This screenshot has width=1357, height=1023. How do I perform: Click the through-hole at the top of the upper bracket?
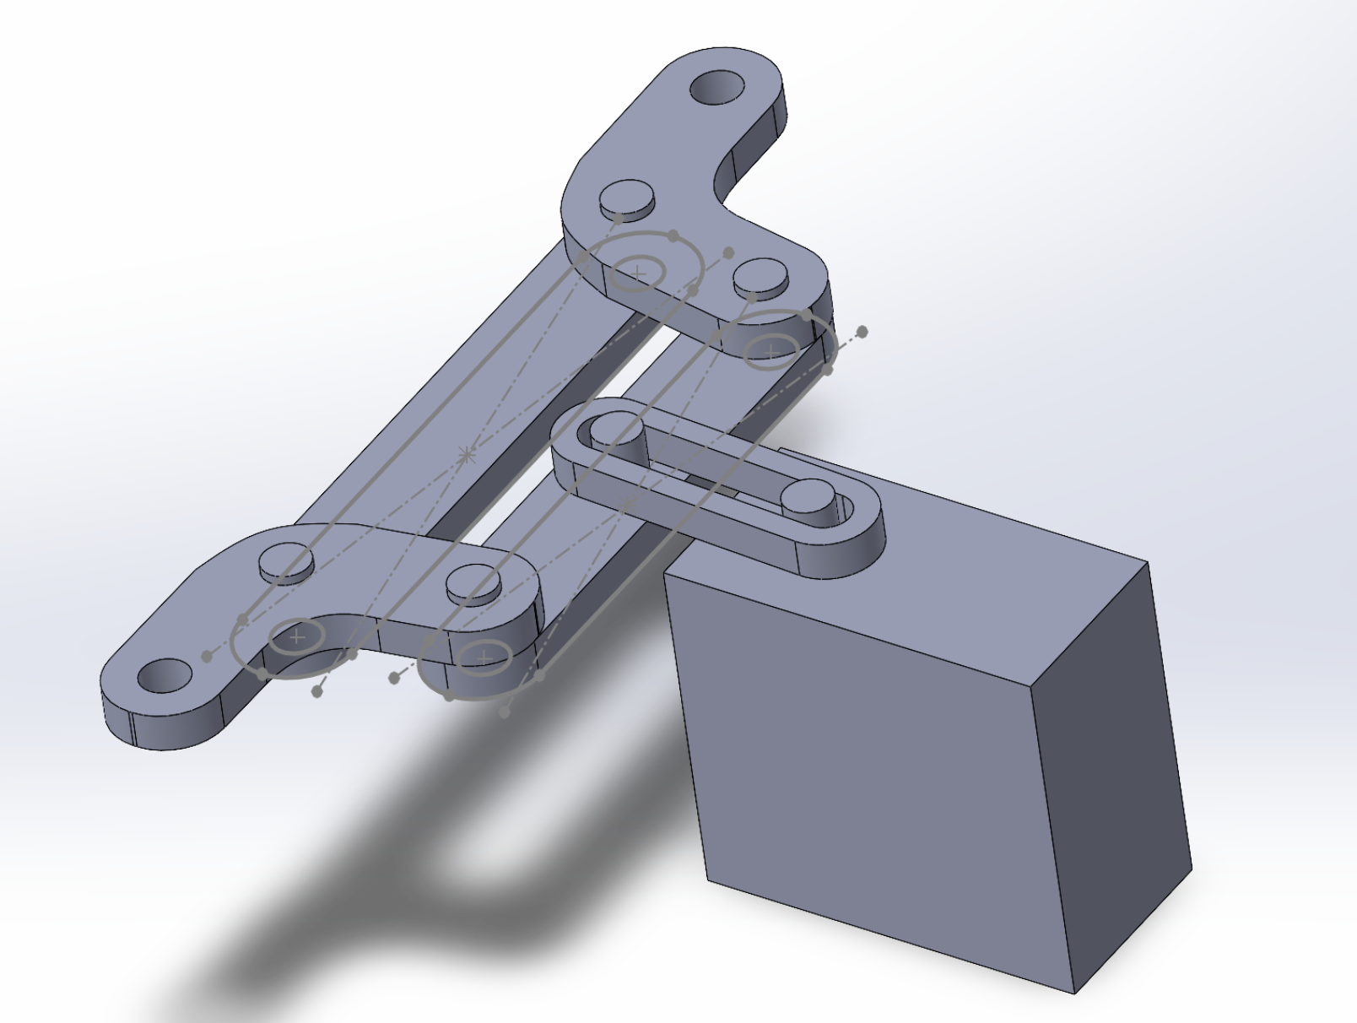pyautogui.click(x=718, y=88)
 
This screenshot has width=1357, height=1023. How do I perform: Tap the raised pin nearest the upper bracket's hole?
pyautogui.click(x=627, y=199)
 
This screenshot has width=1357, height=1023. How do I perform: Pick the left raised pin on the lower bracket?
pyautogui.click(x=286, y=561)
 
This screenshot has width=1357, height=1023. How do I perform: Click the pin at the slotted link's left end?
pyautogui.click(x=617, y=430)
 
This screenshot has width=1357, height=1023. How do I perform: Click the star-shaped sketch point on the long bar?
pyautogui.click(x=465, y=456)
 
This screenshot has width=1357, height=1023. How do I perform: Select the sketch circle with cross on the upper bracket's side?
pyautogui.click(x=637, y=273)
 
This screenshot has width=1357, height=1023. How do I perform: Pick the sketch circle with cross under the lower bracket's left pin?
pyautogui.click(x=296, y=636)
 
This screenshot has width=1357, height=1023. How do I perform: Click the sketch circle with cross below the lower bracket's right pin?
pyautogui.click(x=484, y=658)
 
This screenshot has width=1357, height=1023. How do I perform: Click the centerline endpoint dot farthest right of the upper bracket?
pyautogui.click(x=862, y=331)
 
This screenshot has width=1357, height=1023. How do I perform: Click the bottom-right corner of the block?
pyautogui.click(x=1074, y=993)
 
